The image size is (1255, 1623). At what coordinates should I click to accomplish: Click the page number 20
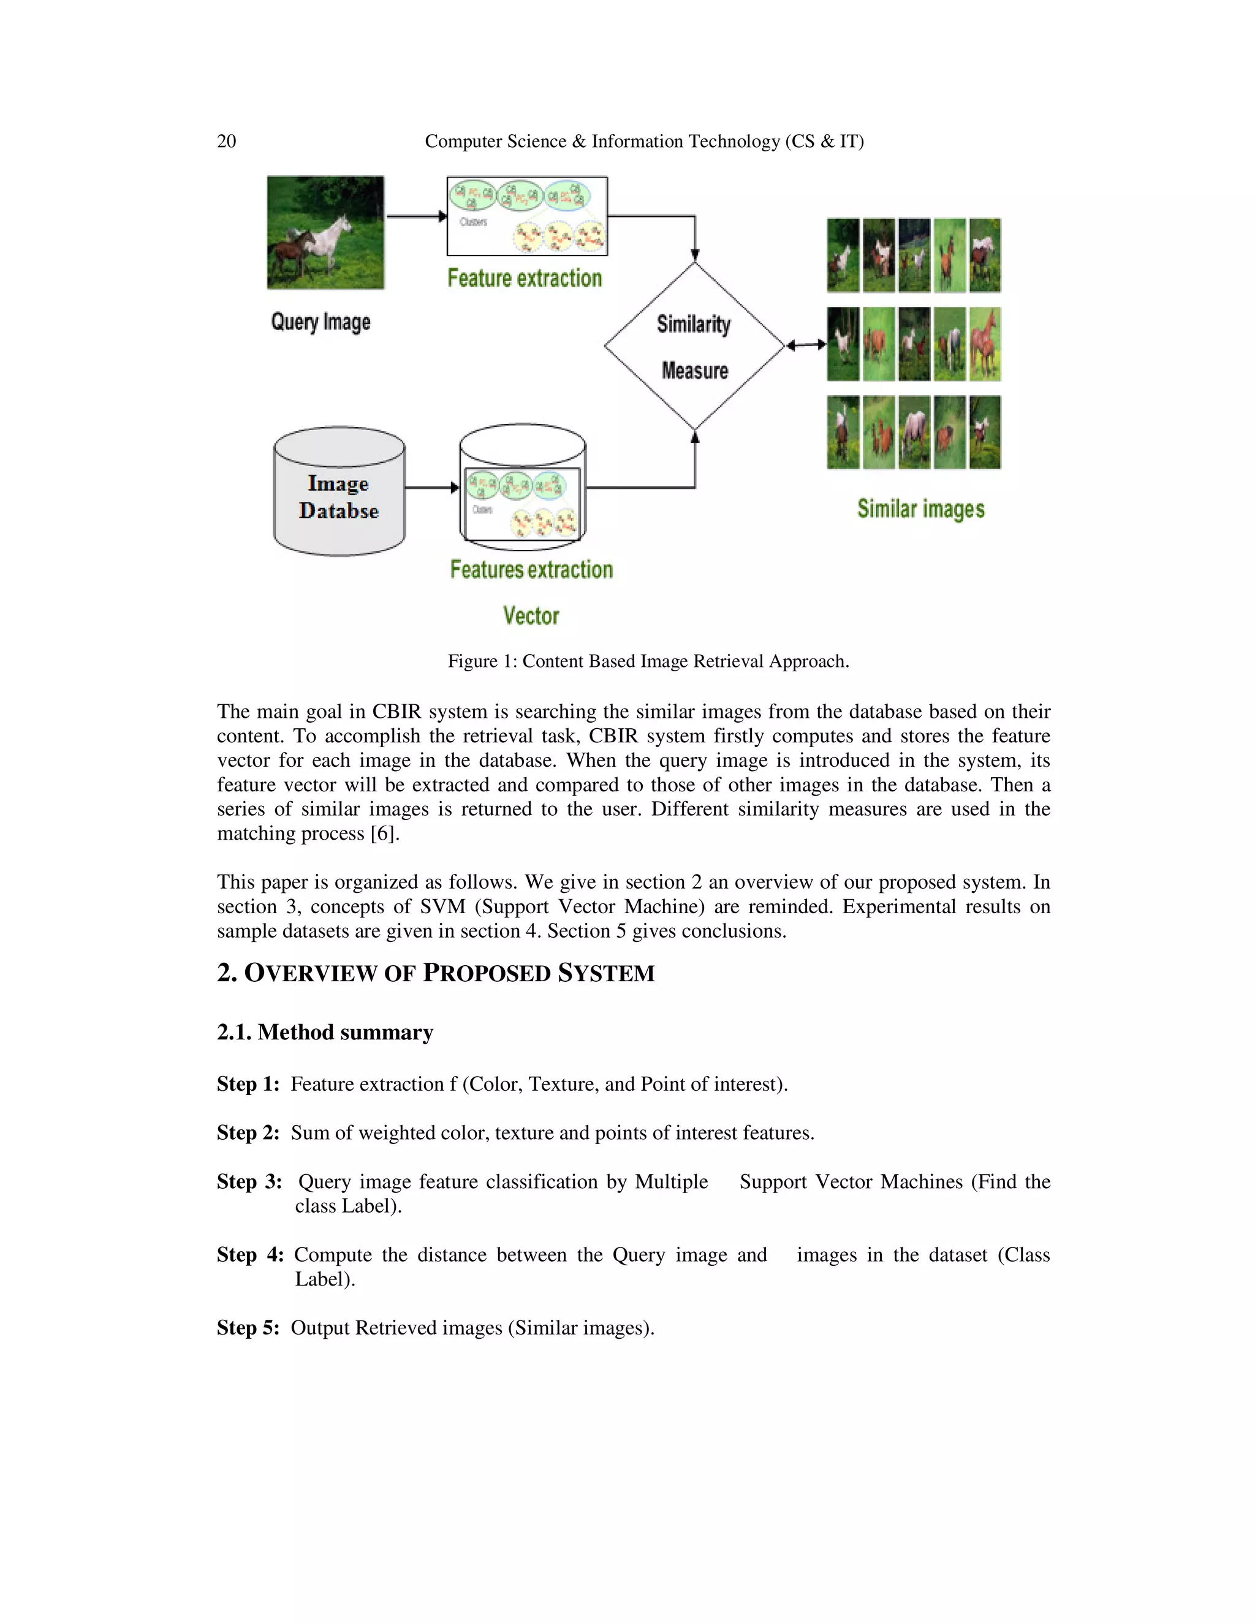226,141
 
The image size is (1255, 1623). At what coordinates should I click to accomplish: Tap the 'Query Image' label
320,322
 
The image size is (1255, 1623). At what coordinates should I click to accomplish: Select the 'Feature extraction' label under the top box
524,278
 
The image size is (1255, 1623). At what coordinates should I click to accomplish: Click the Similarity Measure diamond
694,346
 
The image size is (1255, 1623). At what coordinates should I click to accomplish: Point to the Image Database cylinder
339,492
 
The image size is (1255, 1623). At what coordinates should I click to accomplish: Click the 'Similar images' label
920,509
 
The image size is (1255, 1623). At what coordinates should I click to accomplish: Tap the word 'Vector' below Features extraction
531,616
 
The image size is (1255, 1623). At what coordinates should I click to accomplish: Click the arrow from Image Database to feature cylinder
432,488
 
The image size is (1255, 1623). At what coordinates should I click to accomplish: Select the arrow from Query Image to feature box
415,216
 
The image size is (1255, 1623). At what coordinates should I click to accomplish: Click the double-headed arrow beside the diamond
806,345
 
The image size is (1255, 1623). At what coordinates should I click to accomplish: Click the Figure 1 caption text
648,661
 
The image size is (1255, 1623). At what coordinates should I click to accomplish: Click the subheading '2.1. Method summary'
325,1032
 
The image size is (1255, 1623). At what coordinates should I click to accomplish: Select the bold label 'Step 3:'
249,1181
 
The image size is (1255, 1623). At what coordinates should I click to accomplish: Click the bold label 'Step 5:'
248,1327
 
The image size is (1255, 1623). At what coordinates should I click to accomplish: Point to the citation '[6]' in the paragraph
384,834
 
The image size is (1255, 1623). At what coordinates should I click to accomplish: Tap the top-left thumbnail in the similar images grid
843,255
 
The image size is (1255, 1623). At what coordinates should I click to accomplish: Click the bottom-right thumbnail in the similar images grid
985,432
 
